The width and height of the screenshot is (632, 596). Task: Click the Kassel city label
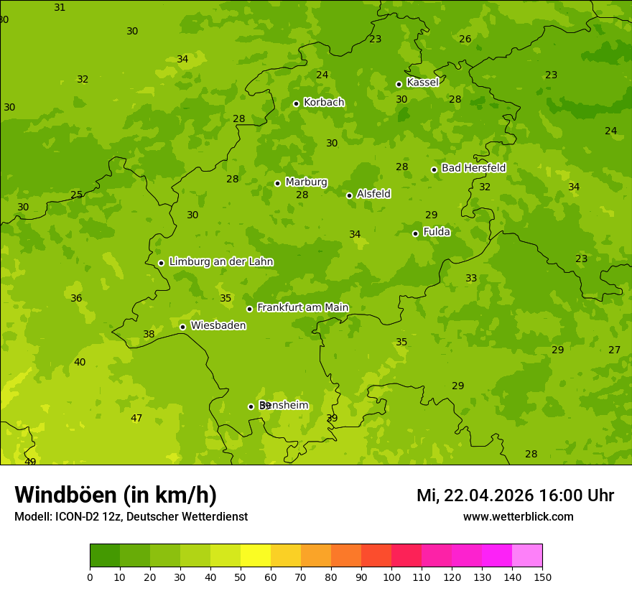422,83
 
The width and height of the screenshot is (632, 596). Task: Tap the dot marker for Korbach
296,103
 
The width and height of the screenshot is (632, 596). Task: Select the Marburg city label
306,182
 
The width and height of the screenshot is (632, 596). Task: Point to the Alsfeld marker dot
349,195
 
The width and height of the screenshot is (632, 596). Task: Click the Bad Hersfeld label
473,168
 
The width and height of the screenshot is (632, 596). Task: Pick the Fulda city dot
415,233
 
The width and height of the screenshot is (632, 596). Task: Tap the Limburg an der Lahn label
220,262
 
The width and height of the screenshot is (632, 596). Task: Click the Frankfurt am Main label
302,307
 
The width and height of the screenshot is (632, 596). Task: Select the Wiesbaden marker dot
182,327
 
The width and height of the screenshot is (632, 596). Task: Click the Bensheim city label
284,405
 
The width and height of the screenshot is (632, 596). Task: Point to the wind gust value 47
136,418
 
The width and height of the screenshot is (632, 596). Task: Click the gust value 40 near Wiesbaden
80,362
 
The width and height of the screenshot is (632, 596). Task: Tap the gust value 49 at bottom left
30,461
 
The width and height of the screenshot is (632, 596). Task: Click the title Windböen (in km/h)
116,495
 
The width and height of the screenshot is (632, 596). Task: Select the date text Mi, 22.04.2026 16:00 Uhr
515,495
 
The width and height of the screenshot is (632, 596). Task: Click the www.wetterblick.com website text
518,516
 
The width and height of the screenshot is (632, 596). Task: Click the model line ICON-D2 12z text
131,516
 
